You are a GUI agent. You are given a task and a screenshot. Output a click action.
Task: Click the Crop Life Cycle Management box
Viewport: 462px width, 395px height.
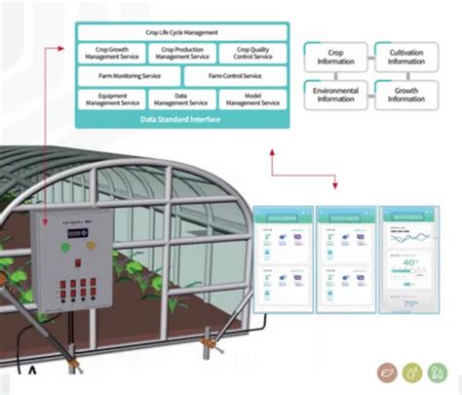(181, 33)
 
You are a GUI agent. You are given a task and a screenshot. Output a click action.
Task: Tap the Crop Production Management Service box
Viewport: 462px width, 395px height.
(182, 53)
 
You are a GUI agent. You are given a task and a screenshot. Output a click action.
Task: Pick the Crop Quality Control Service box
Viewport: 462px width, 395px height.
(253, 53)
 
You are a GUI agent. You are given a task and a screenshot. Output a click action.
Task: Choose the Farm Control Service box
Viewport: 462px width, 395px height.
(234, 75)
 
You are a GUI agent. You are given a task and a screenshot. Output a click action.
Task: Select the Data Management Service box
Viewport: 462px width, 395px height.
(182, 99)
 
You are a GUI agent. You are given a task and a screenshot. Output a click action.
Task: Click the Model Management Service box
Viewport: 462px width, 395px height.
(253, 99)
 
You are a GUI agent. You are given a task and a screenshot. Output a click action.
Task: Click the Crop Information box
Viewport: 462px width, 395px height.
(335, 56)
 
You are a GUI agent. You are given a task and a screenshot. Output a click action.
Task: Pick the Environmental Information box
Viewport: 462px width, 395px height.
(335, 94)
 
